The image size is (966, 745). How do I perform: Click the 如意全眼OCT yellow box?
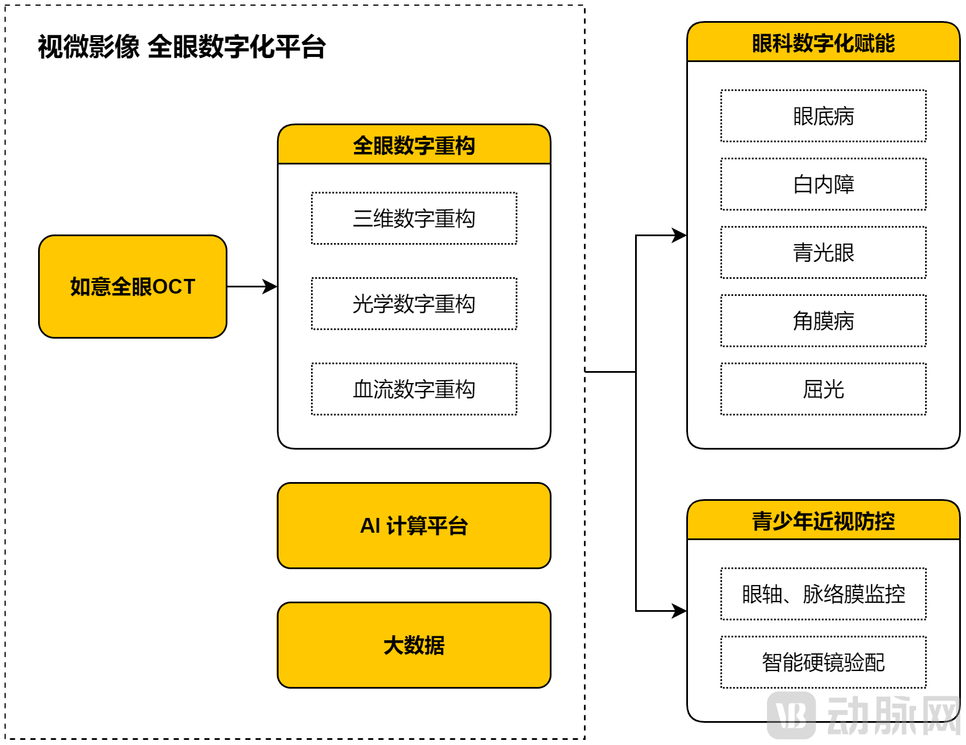[x=132, y=286]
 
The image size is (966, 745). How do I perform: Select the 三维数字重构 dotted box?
[x=414, y=219]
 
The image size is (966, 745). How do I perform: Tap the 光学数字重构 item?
[x=414, y=304]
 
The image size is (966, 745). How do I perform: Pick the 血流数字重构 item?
[x=414, y=389]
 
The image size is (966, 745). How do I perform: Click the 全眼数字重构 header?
[x=414, y=145]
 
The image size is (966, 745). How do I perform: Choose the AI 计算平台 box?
[x=414, y=525]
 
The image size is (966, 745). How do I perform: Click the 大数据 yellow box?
[x=414, y=645]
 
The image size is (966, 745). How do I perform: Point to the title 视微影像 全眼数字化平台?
[x=181, y=47]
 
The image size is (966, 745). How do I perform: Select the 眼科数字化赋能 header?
[x=823, y=43]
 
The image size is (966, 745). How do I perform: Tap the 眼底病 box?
[x=823, y=116]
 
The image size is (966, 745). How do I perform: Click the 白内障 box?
[x=823, y=184]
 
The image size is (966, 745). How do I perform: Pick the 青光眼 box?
[x=823, y=253]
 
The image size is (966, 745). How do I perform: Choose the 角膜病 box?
[x=823, y=321]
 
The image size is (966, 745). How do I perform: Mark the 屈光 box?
[x=823, y=389]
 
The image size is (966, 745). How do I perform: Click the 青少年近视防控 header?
[x=823, y=521]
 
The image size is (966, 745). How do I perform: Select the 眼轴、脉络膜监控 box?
[x=823, y=594]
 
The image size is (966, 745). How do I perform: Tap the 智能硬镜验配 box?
[x=823, y=662]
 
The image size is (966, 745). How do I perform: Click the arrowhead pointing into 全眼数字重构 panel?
[x=270, y=286]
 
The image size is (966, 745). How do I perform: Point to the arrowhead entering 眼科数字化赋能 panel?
[x=679, y=235]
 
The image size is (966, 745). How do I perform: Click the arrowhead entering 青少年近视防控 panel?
[x=679, y=611]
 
